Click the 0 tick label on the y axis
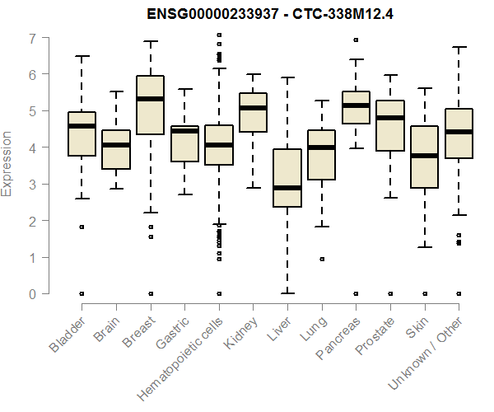coord(33,293)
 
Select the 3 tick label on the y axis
coord(33,185)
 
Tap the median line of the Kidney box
coord(253,108)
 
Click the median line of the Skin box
coord(424,155)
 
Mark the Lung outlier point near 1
coord(321,259)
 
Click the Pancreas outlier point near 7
coord(356,40)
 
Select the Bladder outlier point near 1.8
coord(82,227)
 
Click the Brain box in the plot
coord(115,149)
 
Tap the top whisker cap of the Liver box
coord(287,78)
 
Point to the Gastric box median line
coord(184,131)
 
